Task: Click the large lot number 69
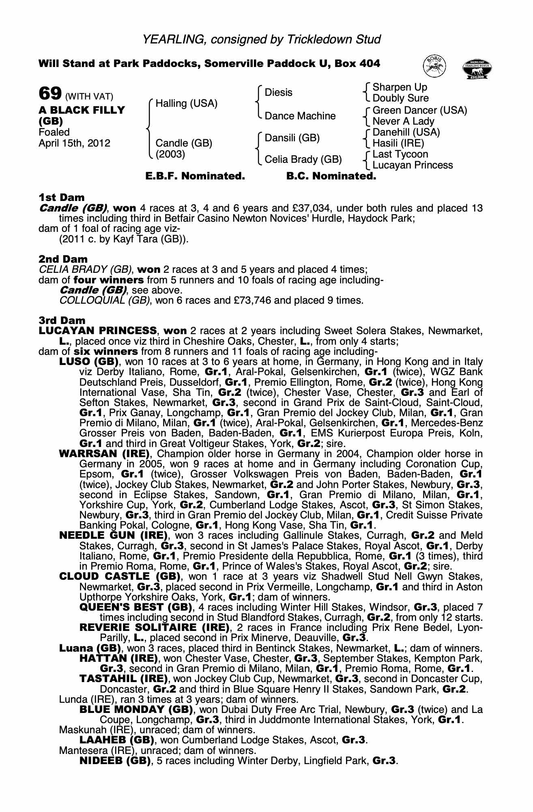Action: tap(49, 94)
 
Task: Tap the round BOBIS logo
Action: tap(434, 66)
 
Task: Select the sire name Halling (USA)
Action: tap(187, 104)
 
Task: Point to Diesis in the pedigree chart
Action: tap(278, 93)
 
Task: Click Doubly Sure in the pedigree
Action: tap(400, 98)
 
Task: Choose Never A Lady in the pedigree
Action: tap(403, 121)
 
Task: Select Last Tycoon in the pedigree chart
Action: tap(400, 154)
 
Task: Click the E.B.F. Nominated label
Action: tap(195, 176)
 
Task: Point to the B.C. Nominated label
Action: tap(331, 176)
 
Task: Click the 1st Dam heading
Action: tap(62, 198)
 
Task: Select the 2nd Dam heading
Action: tap(63, 259)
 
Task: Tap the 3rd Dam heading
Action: tap(62, 320)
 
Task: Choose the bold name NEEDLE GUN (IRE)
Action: tap(114, 536)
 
